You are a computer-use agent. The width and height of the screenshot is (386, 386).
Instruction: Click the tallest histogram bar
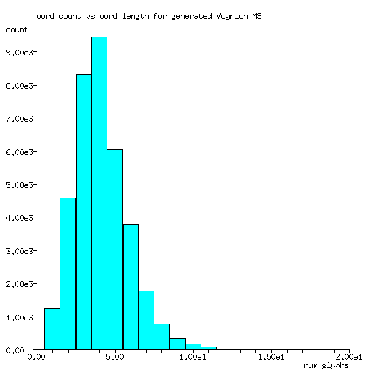99,193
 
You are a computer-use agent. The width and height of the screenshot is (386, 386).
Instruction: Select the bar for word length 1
52,329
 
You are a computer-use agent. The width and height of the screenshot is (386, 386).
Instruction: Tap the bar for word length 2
68,273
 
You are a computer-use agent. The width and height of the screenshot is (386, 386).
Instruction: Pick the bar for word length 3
84,212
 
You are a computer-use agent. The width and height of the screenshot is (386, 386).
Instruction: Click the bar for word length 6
131,287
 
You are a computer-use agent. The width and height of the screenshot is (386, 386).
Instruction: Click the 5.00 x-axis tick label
115,356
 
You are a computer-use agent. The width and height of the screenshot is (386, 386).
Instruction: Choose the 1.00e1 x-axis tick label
193,356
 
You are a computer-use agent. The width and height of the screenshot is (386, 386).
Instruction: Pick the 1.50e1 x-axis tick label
271,356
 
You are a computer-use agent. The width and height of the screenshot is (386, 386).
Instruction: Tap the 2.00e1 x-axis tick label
349,356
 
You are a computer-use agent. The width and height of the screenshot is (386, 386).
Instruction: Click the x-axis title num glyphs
326,365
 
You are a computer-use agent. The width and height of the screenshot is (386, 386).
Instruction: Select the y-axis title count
17,30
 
